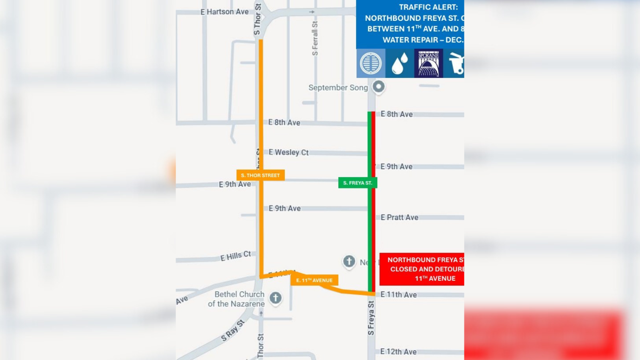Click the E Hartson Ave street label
(224, 12)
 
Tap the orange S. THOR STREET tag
(260, 175)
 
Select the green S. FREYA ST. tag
(357, 183)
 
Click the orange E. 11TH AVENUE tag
(314, 280)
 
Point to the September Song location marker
(378, 86)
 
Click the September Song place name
(338, 88)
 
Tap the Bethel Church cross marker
(275, 298)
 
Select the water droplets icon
(400, 63)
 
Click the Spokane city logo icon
(428, 63)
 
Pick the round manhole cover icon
(371, 63)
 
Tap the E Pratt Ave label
(399, 218)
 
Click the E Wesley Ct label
(288, 152)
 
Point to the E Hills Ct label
(236, 256)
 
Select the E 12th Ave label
(398, 352)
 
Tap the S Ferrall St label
(315, 38)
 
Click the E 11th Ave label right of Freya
(398, 295)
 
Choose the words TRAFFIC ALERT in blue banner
(428, 7)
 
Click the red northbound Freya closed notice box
(422, 269)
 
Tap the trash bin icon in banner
(456, 63)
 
